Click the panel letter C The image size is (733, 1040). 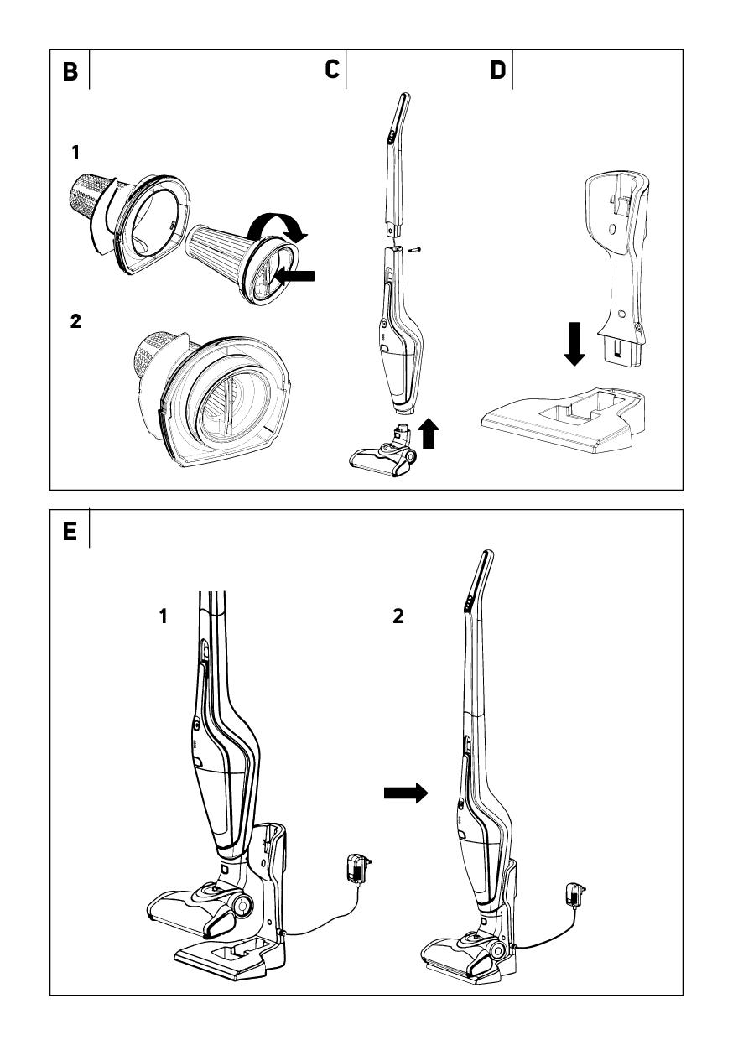coord(333,70)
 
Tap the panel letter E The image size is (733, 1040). coord(70,532)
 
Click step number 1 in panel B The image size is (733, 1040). coord(75,153)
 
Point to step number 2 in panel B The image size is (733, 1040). coord(76,320)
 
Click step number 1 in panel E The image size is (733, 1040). coord(164,616)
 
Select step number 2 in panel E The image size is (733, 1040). coord(398,616)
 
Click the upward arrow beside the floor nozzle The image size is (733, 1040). coord(429,434)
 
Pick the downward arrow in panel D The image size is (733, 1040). coord(574,344)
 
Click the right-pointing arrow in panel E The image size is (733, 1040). coord(406,793)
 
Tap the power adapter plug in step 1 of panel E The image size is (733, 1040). coord(359,868)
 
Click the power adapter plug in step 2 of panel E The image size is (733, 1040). coord(575,895)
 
